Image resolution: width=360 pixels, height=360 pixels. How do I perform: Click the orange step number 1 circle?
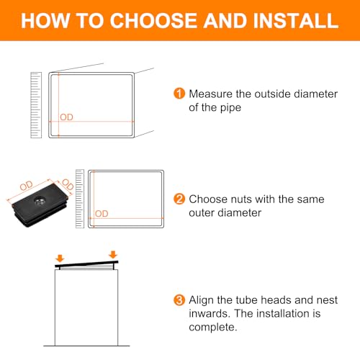click(179, 94)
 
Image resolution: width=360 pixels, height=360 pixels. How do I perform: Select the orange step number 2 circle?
click(179, 199)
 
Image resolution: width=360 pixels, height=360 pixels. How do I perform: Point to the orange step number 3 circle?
click(179, 300)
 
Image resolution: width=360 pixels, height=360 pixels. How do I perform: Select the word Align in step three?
click(201, 300)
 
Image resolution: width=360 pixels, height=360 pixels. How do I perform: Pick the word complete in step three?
click(212, 328)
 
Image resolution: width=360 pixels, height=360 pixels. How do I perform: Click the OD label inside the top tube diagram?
click(66, 117)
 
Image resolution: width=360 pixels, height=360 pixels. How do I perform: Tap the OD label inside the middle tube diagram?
click(102, 214)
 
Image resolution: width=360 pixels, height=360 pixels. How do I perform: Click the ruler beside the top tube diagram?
click(36, 105)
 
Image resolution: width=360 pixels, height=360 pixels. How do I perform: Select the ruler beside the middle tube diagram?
click(80, 199)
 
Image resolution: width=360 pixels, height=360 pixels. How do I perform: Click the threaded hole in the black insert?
click(40, 200)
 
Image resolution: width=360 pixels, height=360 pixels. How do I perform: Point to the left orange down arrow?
click(60, 258)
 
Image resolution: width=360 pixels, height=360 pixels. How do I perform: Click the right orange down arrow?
click(113, 255)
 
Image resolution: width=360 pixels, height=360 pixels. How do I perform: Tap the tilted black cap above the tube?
click(86, 264)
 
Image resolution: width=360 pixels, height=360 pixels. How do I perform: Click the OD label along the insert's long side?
click(26, 186)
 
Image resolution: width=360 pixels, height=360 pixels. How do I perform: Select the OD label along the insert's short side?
click(68, 184)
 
